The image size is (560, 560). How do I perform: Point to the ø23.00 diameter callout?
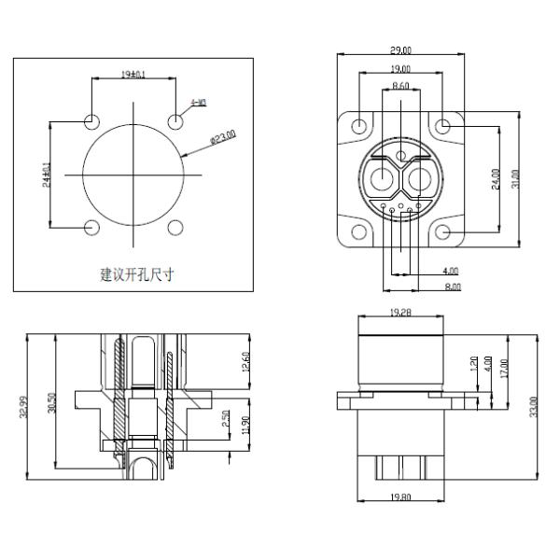(x=222, y=138)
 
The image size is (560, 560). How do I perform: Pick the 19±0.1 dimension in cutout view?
(x=133, y=75)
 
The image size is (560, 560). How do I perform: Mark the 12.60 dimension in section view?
(x=245, y=360)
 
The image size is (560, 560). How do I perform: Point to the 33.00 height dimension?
(x=533, y=407)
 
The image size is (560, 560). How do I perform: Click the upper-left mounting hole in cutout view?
(x=92, y=121)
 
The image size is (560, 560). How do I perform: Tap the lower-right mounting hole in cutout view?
(x=175, y=227)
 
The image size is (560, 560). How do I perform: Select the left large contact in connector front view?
(x=381, y=178)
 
